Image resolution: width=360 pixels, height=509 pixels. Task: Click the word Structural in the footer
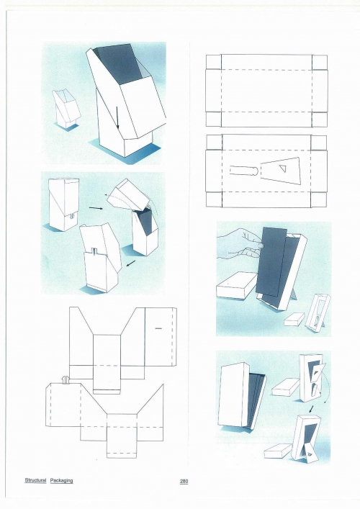coord(35,480)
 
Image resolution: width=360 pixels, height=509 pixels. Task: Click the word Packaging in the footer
coord(61,480)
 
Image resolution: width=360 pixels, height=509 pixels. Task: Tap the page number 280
coord(184,481)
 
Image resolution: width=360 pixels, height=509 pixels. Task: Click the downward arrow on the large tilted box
coord(117,117)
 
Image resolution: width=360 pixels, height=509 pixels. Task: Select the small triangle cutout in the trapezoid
coord(284,168)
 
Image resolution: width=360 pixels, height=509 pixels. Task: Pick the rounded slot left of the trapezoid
coord(244,171)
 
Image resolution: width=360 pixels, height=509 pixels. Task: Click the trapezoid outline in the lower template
coord(281,171)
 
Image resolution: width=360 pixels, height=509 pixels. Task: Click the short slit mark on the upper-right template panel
coord(158,328)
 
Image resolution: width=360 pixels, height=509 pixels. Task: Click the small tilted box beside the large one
coord(66,109)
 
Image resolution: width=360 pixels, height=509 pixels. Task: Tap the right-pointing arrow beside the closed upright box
coord(95,207)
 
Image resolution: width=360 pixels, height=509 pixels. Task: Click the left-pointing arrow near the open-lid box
coord(131,263)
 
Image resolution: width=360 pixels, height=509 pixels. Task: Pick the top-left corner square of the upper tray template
coord(214,62)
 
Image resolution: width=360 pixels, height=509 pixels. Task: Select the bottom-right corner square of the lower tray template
coord(318,199)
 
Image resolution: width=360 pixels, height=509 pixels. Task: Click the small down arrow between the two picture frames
coord(312,409)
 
